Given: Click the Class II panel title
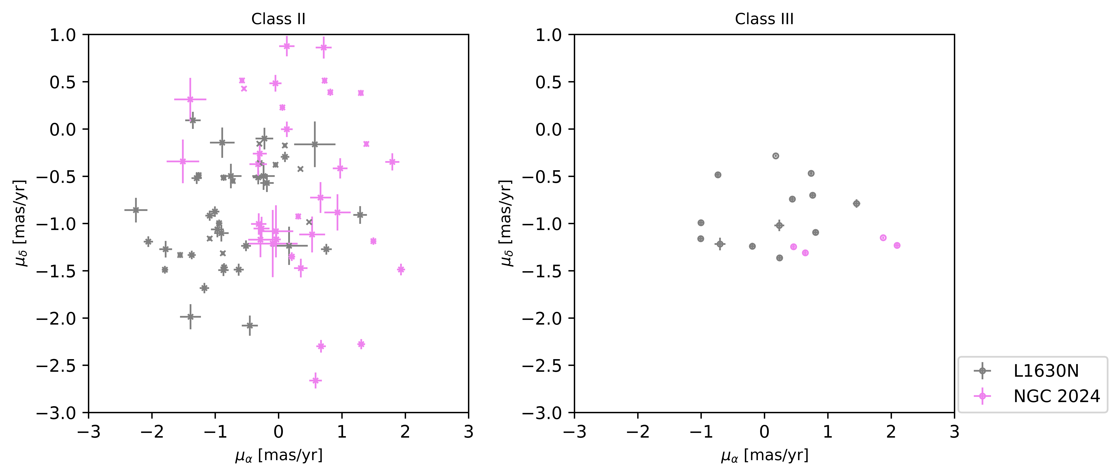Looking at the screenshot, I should point(278,19).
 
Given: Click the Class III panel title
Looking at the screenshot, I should point(764,19).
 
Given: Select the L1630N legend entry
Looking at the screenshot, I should point(1046,371).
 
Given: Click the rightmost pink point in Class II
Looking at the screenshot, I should point(401,270).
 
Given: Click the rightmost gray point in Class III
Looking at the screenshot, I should point(857,203).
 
